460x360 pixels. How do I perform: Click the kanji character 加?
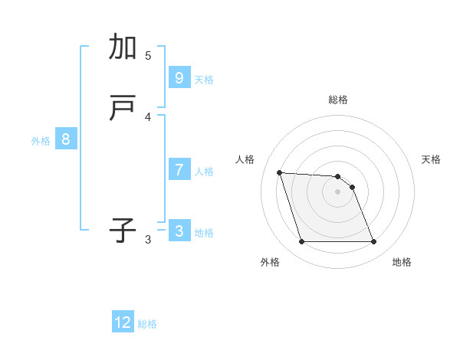[x=123, y=47]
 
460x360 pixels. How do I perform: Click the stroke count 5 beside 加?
[x=148, y=55]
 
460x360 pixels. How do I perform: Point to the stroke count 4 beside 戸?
[x=148, y=116]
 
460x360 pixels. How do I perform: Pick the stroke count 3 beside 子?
[x=148, y=239]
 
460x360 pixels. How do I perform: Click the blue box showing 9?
[x=179, y=77]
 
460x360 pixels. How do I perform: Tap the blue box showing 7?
[x=179, y=169]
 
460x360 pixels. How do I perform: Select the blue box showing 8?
[x=66, y=139]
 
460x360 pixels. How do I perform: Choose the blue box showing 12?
[x=123, y=322]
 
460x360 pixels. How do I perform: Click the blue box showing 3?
[x=179, y=231]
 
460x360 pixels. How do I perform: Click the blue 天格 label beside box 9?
[x=204, y=79]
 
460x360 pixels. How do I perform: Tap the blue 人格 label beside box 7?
[x=204, y=171]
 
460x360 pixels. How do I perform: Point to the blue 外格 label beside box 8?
[x=41, y=141]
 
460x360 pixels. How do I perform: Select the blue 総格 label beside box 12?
[x=147, y=324]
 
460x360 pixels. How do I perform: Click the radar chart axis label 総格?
[x=338, y=100]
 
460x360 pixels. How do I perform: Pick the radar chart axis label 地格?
[x=402, y=262]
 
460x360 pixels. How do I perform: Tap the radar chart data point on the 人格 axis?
[x=279, y=172]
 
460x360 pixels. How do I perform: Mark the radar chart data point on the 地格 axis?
[x=373, y=242]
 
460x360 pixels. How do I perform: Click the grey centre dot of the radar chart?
[x=338, y=191]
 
